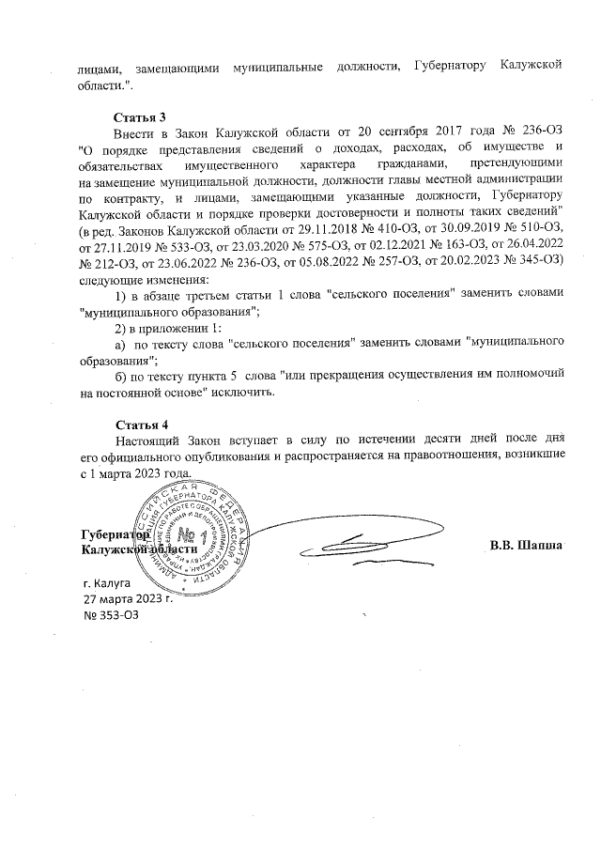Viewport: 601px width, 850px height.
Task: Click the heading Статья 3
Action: pyautogui.click(x=139, y=117)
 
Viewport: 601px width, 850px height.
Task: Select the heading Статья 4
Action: pyautogui.click(x=139, y=423)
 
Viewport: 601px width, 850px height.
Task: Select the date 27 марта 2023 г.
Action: pyautogui.click(x=130, y=598)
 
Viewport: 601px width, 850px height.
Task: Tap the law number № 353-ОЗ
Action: pyautogui.click(x=111, y=614)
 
